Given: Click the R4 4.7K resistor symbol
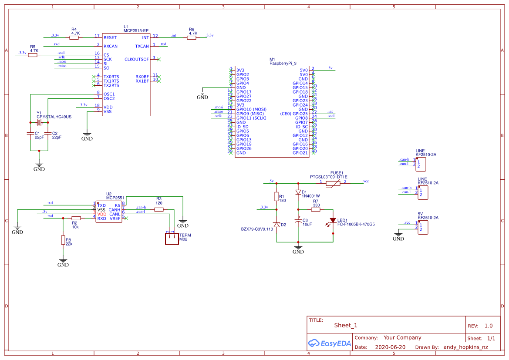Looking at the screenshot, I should click(x=74, y=37).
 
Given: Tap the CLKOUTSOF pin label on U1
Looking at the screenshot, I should click(x=136, y=59).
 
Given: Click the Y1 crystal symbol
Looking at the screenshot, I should click(x=39, y=123).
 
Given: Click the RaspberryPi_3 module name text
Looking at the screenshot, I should click(x=283, y=64).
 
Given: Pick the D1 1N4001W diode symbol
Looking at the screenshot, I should click(x=298, y=192).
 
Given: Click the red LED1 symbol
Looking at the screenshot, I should click(x=333, y=221).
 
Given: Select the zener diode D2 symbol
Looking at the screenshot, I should click(x=276, y=225).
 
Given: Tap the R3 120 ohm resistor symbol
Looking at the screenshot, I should click(x=159, y=209).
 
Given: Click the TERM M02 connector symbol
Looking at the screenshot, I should click(x=172, y=239).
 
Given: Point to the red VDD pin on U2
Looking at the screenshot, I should click(x=101, y=214).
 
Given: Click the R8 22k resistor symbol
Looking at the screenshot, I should click(x=63, y=240).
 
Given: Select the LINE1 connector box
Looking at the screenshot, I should click(x=421, y=164).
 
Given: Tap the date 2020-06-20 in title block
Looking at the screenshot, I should click(x=390, y=347).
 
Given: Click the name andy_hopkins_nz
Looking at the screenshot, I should click(x=465, y=347).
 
